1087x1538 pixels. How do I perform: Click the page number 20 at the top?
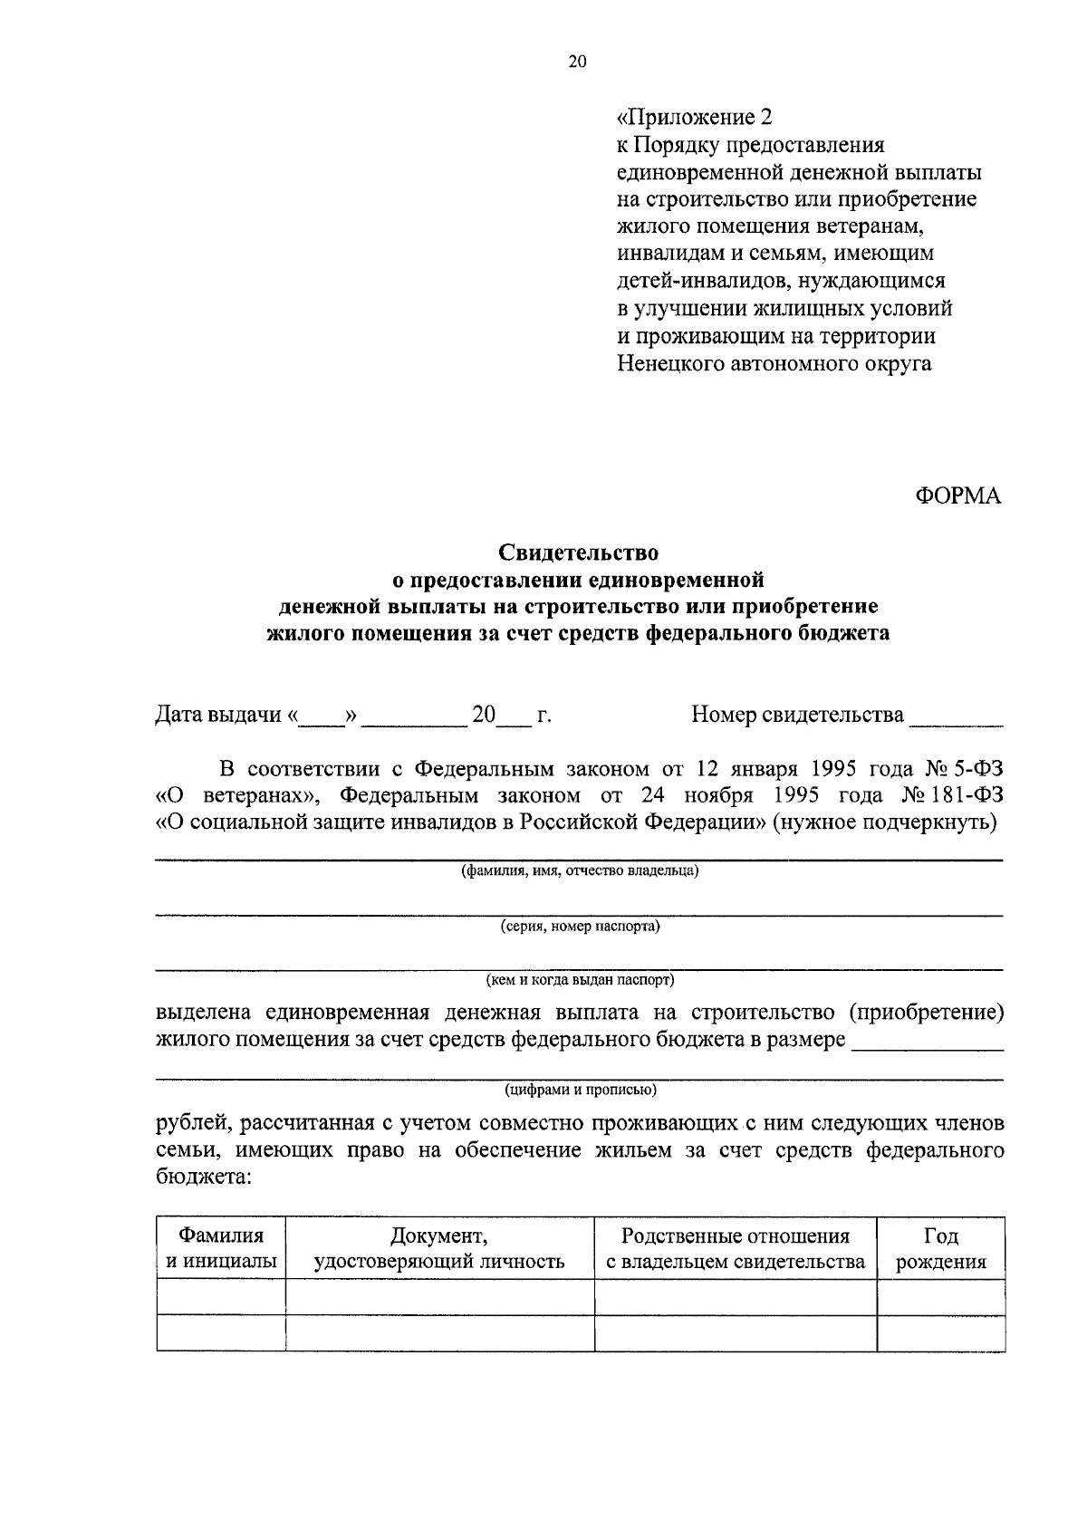point(577,62)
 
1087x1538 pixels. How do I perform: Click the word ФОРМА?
point(958,496)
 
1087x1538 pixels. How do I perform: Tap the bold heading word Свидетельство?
point(578,552)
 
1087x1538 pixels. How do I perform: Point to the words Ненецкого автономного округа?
point(774,364)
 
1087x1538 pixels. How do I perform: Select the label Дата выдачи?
point(218,715)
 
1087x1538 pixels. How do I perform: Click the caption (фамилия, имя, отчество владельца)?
point(580,871)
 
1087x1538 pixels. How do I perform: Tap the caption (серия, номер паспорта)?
point(580,927)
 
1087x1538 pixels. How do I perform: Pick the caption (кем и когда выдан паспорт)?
point(580,980)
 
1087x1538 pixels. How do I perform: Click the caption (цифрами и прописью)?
point(580,1090)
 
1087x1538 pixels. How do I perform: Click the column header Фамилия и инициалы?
point(221,1248)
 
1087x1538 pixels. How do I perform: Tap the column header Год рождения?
point(940,1248)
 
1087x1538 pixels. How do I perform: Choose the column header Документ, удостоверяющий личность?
point(439,1248)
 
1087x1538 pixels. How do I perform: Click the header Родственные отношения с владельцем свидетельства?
point(735,1248)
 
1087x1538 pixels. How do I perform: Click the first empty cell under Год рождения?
point(940,1297)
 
